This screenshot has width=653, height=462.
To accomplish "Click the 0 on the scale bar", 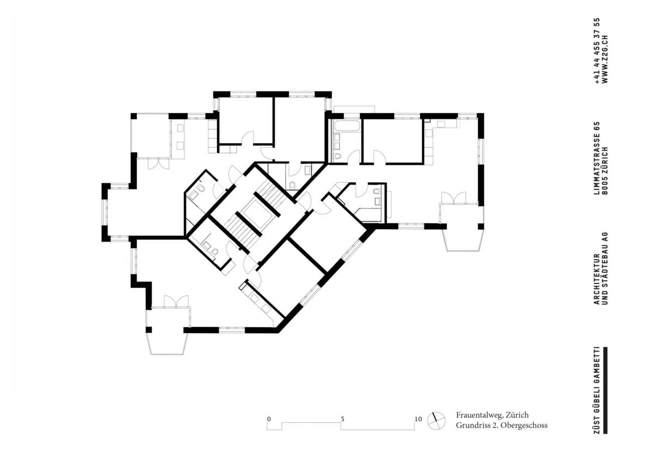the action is (x=269, y=419).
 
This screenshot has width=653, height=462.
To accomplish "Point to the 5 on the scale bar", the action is (x=342, y=419).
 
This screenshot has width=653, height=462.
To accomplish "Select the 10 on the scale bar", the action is (x=418, y=419).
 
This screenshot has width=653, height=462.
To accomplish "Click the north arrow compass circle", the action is (x=436, y=421).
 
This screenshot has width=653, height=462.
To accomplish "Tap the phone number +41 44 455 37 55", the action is (x=597, y=51).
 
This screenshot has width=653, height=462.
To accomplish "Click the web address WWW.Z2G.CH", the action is (x=605, y=59).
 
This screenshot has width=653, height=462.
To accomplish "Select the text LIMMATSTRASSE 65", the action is (x=597, y=158).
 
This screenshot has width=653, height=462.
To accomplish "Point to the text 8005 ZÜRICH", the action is (x=605, y=171).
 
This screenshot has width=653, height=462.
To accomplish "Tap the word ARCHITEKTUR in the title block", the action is (x=597, y=279).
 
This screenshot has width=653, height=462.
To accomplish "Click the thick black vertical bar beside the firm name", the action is (x=605, y=390).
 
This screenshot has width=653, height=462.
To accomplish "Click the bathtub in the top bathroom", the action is (x=347, y=126).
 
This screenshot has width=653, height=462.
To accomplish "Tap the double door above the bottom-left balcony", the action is (x=176, y=301).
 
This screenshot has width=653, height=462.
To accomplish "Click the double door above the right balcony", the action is (x=454, y=198).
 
